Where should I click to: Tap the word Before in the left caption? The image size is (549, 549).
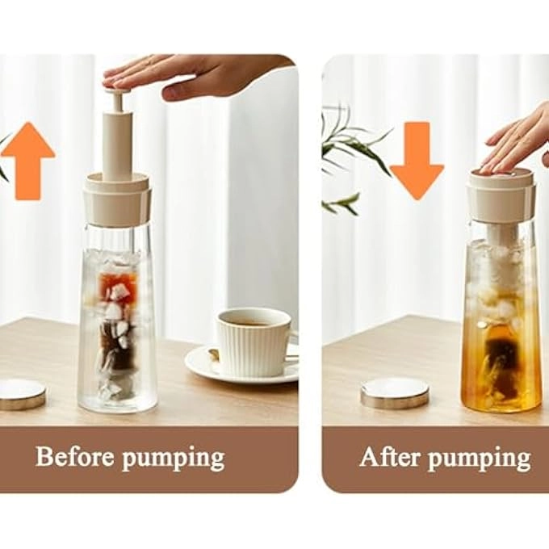pyautogui.click(x=76, y=457)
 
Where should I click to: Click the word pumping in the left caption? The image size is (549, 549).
pyautogui.click(x=173, y=459)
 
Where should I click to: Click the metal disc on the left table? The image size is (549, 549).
pyautogui.click(x=19, y=393)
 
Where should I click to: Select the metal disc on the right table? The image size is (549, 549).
pyautogui.click(x=394, y=392)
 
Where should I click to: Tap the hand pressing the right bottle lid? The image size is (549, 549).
pyautogui.click(x=517, y=141)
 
